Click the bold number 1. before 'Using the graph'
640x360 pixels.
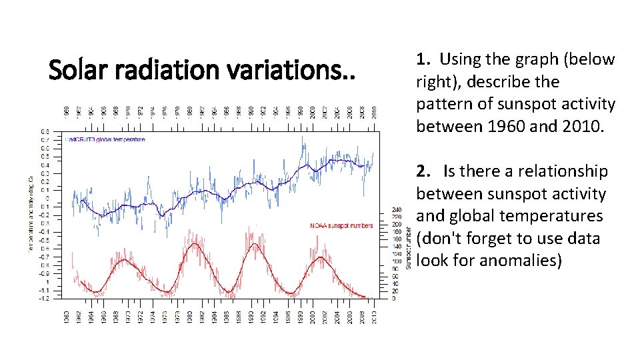click(x=423, y=60)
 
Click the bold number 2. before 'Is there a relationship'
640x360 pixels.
click(x=424, y=172)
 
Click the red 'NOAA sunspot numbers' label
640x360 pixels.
click(x=341, y=226)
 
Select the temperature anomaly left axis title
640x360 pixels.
click(x=31, y=213)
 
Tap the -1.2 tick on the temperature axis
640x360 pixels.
click(x=43, y=298)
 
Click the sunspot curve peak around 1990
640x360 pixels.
click(x=253, y=244)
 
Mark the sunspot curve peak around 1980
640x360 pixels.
click(x=194, y=244)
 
